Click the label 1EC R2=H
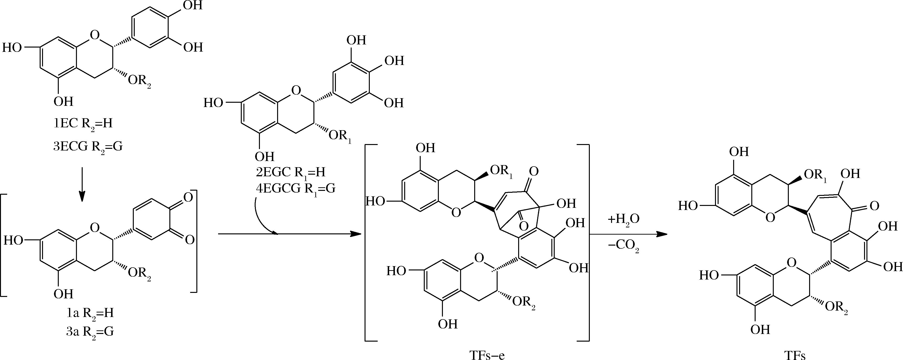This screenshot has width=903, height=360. (x=83, y=124)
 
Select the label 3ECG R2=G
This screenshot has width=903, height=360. (x=88, y=146)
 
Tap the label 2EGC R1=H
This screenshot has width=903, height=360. (x=290, y=172)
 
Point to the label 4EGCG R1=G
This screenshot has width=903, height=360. (x=296, y=189)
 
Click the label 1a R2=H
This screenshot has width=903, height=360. (x=91, y=313)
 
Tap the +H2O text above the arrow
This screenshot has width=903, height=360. (x=624, y=220)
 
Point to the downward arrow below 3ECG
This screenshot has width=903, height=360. (x=82, y=185)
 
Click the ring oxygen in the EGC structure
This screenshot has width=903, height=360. (x=296, y=91)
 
